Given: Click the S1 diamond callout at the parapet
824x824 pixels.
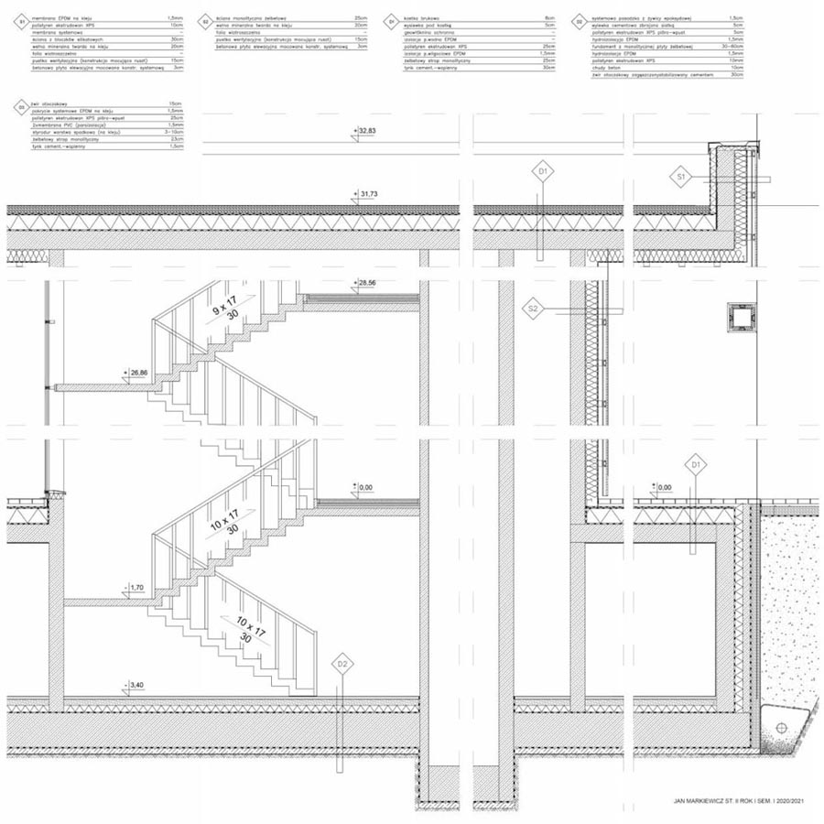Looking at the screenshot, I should (x=681, y=175).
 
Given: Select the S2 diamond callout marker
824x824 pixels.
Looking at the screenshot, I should (x=534, y=310).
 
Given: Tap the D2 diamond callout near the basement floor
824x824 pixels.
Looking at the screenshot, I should (x=341, y=663).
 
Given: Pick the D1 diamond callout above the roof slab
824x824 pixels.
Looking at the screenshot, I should (x=543, y=170).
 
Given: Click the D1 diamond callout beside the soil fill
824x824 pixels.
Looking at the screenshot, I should (x=697, y=465).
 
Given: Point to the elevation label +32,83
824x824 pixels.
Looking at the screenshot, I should (x=366, y=132).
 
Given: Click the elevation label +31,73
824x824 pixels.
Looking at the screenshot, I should (x=366, y=194).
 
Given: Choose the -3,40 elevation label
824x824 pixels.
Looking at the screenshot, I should (x=134, y=684).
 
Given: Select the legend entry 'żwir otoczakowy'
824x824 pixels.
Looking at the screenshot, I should (x=47, y=103).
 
